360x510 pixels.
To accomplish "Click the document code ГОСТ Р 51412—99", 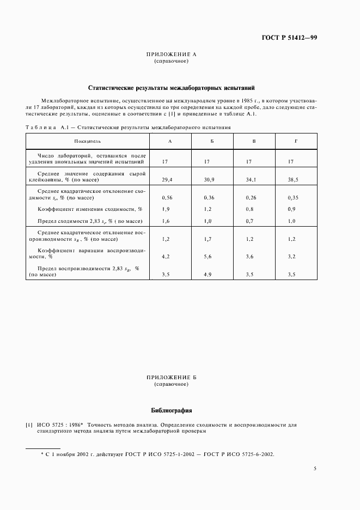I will tap(289, 38).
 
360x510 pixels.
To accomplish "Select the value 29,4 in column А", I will tap(168, 179).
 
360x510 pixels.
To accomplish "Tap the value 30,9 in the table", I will tap(210, 179).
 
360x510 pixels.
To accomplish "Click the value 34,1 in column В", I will tap(252, 179).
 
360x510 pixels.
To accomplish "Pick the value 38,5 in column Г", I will tap(294, 179).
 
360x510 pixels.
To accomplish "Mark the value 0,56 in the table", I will tap(168, 197).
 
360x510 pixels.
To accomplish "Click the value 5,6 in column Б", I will tap(209, 256).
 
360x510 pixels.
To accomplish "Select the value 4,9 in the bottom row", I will tap(209, 275).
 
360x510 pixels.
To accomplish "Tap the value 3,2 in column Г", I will tap(292, 256).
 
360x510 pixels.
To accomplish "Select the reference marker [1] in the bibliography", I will tap(29, 424).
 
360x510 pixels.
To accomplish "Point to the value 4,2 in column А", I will tap(167, 256).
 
